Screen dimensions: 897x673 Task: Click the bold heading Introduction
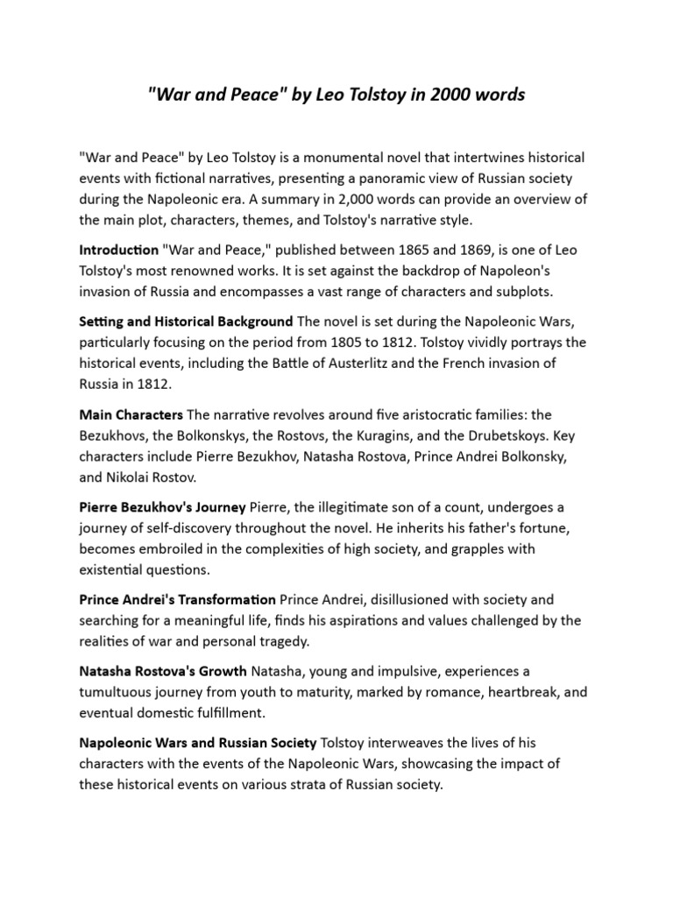(x=119, y=251)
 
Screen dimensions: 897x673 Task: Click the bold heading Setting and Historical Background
(x=185, y=323)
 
